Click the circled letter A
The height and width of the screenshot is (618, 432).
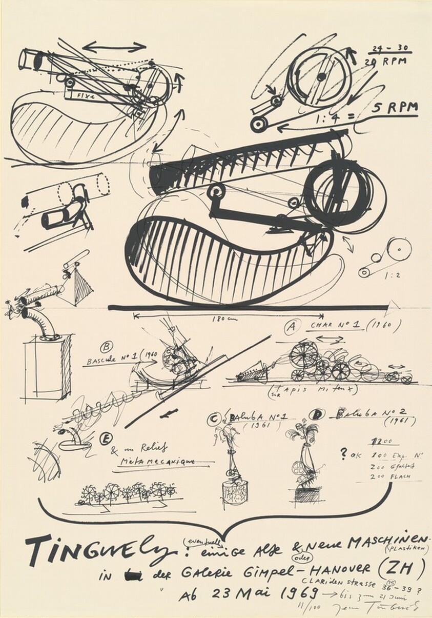[292, 327]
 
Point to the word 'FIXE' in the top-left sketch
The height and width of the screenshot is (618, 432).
[80, 96]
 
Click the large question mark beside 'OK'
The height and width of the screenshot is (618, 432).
[343, 454]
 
